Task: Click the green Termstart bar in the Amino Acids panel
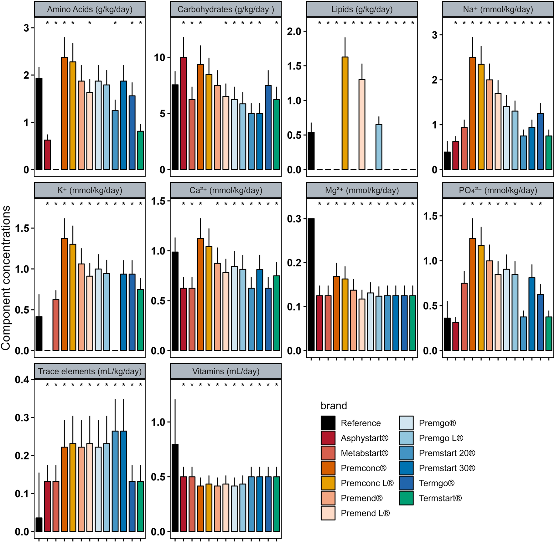[141, 151]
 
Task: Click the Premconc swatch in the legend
[328, 468]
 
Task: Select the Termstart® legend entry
[440, 498]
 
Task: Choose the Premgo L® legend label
[441, 438]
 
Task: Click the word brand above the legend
[334, 406]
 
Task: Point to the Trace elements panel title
[90, 371]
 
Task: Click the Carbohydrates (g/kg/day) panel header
[226, 9]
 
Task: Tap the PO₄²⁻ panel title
[498, 190]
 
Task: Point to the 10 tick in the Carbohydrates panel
[159, 58]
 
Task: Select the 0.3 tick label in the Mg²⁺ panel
[294, 219]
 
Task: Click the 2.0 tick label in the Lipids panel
[294, 32]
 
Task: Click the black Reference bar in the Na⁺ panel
[447, 161]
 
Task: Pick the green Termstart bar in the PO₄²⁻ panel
[549, 334]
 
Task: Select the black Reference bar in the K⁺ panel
[39, 334]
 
